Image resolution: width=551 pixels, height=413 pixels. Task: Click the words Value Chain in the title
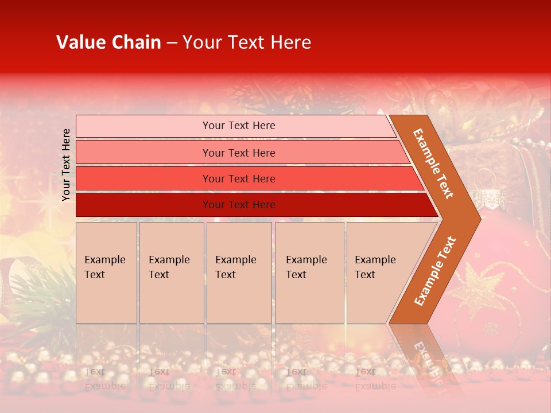(x=108, y=42)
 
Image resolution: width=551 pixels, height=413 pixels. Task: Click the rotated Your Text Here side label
(x=66, y=165)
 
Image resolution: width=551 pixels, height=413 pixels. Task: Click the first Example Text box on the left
(x=106, y=272)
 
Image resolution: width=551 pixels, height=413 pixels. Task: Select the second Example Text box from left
(x=172, y=272)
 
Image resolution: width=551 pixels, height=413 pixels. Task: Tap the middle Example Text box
(x=239, y=272)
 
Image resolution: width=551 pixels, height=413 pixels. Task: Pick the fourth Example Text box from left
(x=309, y=272)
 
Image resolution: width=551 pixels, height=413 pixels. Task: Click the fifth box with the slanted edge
(x=379, y=272)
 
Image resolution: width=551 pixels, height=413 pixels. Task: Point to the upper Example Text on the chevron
(x=433, y=163)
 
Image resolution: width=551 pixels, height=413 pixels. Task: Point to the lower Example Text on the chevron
(x=435, y=271)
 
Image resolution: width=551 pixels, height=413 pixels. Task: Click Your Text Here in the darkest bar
(x=239, y=205)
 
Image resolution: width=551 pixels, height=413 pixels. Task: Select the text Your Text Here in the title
(x=247, y=42)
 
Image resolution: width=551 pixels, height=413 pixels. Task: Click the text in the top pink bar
(x=239, y=126)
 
